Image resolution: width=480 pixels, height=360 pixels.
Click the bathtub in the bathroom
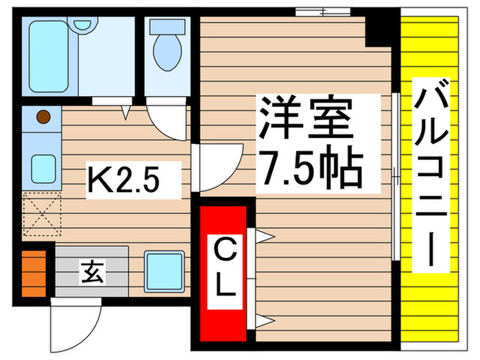pos(49,56)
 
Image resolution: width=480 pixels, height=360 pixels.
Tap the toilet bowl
pos(166,48)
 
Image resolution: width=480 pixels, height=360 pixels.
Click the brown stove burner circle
pos(43,117)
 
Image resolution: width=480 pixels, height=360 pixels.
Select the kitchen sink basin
pos(43,169)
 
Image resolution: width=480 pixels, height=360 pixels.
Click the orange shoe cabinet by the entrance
pos(32,274)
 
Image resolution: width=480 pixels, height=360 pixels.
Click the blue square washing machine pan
pos(163,272)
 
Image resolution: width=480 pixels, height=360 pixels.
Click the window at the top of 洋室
pos(322,12)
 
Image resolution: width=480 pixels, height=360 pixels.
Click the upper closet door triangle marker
pos(265,237)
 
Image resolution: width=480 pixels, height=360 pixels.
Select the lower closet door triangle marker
pos(265,320)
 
